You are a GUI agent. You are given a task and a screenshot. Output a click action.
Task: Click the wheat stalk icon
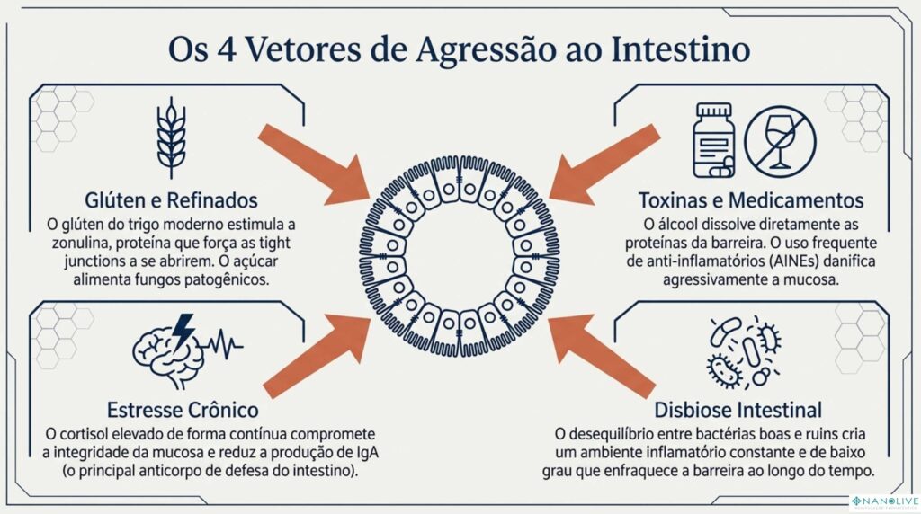click(x=172, y=139)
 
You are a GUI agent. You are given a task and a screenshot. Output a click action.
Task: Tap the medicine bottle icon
click(x=714, y=138)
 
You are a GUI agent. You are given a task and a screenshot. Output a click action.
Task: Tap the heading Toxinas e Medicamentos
click(x=751, y=199)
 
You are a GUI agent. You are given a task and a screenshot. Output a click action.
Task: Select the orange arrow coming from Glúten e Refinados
click(x=315, y=160)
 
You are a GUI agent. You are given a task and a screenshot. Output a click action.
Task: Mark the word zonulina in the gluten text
click(x=84, y=243)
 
